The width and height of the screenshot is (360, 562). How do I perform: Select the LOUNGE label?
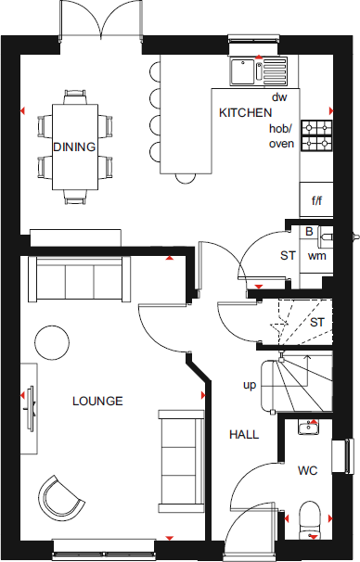tap(97, 401)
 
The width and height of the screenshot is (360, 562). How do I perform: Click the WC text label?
tap(308, 470)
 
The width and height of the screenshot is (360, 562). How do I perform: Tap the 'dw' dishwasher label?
tap(278, 96)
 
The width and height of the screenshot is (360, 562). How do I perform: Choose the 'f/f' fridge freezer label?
tap(316, 199)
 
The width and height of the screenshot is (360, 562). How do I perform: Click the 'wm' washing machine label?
tap(316, 255)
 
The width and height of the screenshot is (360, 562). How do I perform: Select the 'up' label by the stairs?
tap(250, 384)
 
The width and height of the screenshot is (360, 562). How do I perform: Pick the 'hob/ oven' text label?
tap(280, 136)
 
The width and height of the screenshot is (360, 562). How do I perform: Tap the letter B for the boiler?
tap(310, 232)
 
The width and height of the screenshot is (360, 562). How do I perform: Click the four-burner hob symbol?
tap(318, 135)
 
